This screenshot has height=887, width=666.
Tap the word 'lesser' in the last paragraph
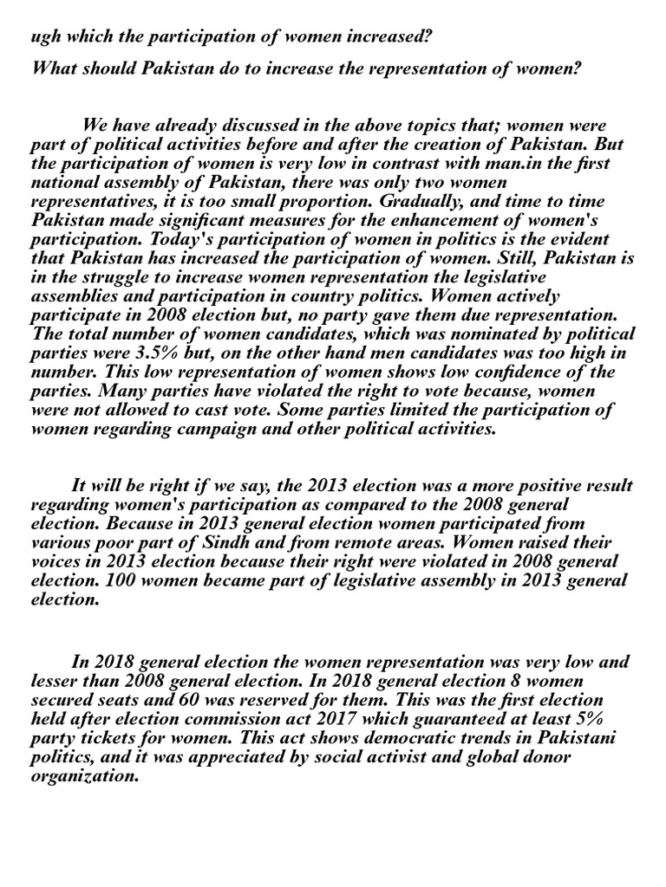(x=54, y=681)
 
